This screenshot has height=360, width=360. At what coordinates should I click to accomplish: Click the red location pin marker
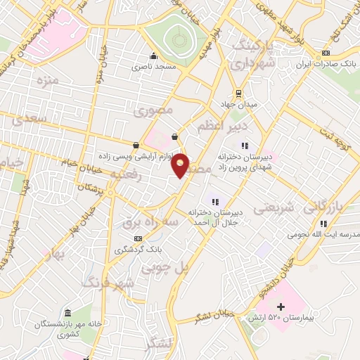pos(181,165)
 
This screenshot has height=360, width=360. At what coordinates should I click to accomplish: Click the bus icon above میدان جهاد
pos(238,93)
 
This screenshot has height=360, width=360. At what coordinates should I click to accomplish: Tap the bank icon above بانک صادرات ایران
pos(324,53)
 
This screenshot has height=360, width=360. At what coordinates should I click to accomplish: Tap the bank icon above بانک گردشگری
pos(137,238)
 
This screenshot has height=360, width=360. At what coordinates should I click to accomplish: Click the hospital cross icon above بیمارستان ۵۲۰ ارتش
pos(281,307)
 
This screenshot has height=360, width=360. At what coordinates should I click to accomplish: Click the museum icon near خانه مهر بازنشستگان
pos(67,312)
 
